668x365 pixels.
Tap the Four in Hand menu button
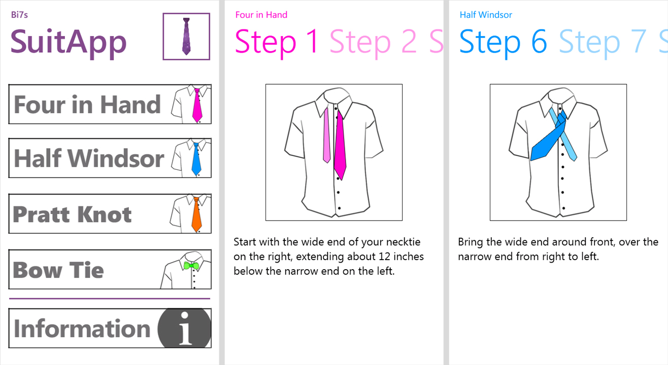(110, 104)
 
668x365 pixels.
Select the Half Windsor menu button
(110, 158)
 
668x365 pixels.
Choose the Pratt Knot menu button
(110, 213)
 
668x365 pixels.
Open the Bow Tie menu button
(110, 269)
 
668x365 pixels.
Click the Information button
(110, 328)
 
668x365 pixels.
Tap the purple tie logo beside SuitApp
(186, 36)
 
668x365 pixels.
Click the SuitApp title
(69, 43)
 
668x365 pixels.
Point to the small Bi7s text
(19, 15)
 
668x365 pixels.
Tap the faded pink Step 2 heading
(373, 42)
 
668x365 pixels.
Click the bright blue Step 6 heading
(503, 42)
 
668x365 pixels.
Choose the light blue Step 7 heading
(603, 42)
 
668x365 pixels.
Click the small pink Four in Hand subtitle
(261, 15)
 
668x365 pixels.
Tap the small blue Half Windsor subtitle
(486, 15)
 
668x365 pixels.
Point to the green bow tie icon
(191, 266)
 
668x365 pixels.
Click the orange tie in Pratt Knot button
(196, 215)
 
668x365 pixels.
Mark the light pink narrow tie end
(326, 135)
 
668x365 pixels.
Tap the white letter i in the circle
(185, 328)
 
